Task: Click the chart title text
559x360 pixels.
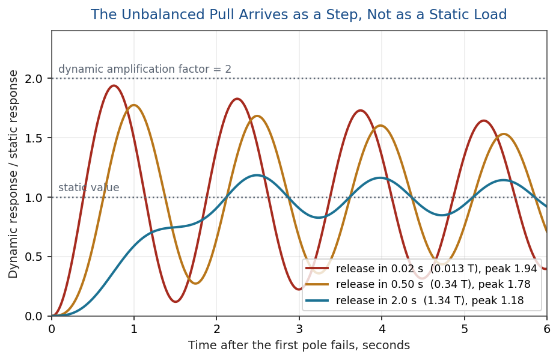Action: click(299, 14)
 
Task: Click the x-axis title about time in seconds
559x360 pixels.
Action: click(299, 346)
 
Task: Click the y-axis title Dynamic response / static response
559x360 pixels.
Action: click(13, 174)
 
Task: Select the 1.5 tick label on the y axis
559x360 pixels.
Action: click(34, 138)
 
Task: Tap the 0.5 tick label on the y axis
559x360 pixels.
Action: click(34, 257)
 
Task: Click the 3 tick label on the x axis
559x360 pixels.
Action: click(299, 329)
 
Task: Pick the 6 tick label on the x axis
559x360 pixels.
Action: click(546, 329)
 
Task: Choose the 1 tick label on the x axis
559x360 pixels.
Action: click(134, 329)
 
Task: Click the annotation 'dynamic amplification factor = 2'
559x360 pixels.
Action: click(145, 69)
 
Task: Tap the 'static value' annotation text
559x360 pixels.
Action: click(89, 188)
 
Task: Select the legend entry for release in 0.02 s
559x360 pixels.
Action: click(421, 269)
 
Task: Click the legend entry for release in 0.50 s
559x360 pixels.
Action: click(418, 284)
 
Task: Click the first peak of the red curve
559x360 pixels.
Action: click(114, 85)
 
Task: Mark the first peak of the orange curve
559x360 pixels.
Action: click(134, 105)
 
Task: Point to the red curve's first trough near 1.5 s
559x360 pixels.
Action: click(176, 302)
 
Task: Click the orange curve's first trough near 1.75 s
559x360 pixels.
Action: click(195, 283)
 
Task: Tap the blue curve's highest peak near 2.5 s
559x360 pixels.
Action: click(256, 175)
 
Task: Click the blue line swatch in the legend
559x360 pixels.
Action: click(317, 301)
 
